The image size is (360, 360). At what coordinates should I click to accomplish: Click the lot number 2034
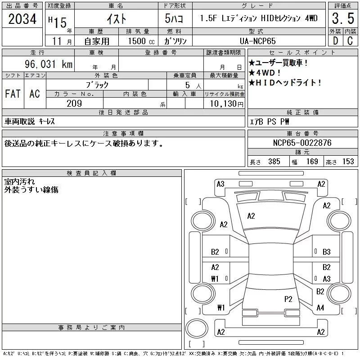point(22,19)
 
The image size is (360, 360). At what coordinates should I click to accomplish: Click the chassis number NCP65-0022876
point(302,143)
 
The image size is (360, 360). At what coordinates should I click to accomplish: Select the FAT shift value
point(13,94)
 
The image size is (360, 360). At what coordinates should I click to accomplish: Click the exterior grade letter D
point(335,41)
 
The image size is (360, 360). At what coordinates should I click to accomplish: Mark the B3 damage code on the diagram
point(327,252)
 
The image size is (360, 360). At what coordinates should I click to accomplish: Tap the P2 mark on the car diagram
point(288,298)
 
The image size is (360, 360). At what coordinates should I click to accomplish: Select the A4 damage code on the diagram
point(320,308)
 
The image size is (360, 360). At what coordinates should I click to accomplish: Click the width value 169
point(312,161)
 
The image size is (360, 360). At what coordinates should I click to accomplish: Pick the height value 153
point(348,161)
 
